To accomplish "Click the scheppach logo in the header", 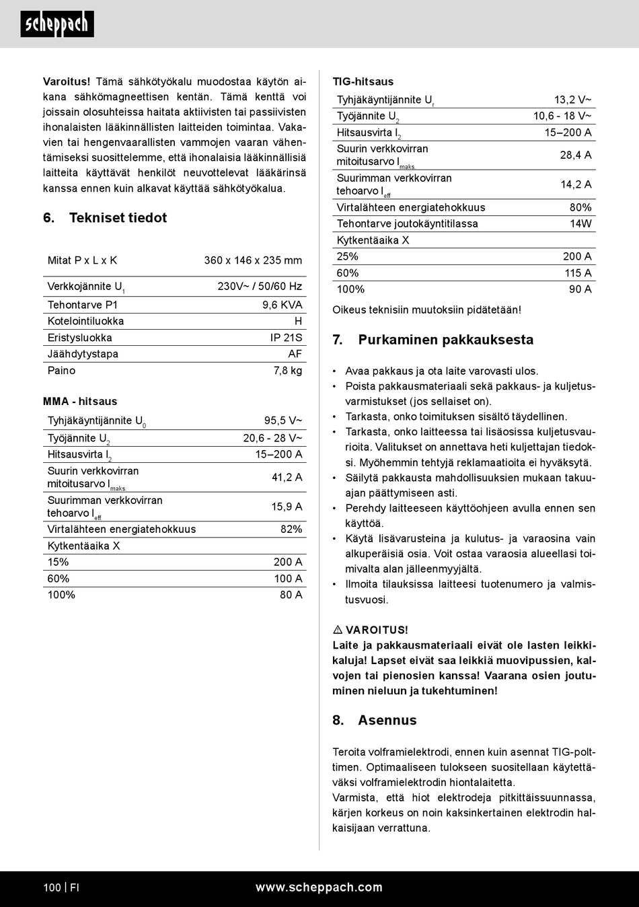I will coord(57,24).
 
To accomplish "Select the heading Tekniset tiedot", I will coord(118,218).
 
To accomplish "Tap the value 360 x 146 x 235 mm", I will coord(253,260).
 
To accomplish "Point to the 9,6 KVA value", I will coord(282,305).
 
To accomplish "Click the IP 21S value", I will coord(286,338).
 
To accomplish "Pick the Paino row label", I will coord(61,371).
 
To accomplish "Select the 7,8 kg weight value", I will coord(287,371).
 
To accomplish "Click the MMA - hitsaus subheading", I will coord(80,402).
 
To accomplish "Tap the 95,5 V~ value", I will coord(283,421).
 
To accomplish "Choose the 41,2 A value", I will coord(287,477).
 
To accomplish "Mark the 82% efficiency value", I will coord(291,530).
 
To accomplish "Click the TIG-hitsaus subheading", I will coord(363,82).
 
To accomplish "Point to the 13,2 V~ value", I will coord(572,100).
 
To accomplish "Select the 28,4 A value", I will coord(575,155).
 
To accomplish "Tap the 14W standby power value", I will coord(580,224).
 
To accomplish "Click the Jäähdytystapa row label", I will coord(83,354).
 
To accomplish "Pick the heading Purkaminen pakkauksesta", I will coord(445,340).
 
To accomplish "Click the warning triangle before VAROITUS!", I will coord(338,630).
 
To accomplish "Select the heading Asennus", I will coord(387,721).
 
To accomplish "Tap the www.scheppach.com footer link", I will coord(319,887).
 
